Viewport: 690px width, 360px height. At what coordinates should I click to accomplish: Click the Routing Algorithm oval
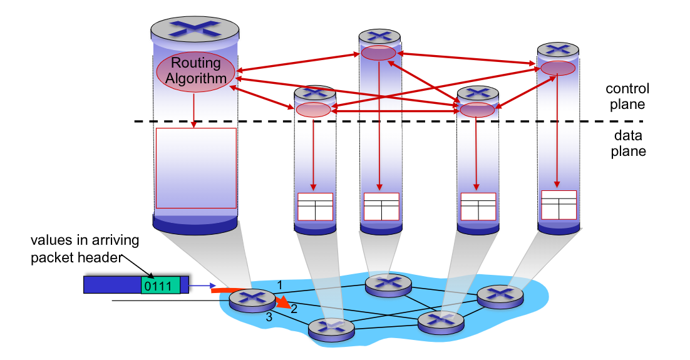195,71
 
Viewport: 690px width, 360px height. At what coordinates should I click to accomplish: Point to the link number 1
281,284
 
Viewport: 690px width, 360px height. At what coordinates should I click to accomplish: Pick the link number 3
269,317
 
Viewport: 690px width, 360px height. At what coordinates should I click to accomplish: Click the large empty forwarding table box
196,168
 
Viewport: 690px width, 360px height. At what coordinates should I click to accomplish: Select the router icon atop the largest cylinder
195,28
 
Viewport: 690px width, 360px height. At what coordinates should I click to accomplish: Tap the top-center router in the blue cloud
388,284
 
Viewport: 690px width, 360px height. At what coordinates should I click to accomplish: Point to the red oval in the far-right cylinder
557,68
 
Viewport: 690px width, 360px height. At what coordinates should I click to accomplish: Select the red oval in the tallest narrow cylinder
378,53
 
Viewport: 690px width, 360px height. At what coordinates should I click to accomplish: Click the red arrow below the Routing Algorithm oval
195,106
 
